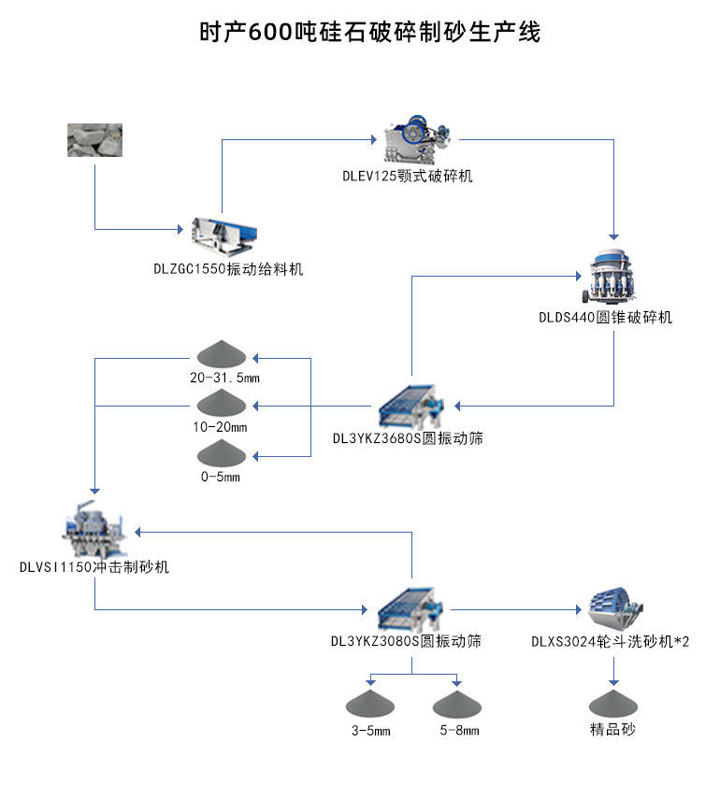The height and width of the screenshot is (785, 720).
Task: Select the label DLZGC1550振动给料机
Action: pyautogui.click(x=229, y=269)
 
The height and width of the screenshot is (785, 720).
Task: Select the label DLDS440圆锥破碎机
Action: pyautogui.click(x=605, y=318)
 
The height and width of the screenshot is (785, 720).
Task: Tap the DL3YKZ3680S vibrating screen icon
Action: pyautogui.click(x=413, y=406)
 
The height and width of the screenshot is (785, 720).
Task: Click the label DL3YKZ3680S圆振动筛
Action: pyautogui.click(x=408, y=437)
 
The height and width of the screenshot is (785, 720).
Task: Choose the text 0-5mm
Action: pyautogui.click(x=223, y=477)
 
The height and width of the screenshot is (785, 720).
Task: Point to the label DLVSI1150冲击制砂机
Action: pyautogui.click(x=94, y=567)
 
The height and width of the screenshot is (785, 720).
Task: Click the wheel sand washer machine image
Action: pyautogui.click(x=613, y=608)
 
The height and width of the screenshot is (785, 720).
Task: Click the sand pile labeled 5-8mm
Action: pyautogui.click(x=457, y=702)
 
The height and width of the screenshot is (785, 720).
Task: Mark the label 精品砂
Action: pyautogui.click(x=612, y=729)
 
